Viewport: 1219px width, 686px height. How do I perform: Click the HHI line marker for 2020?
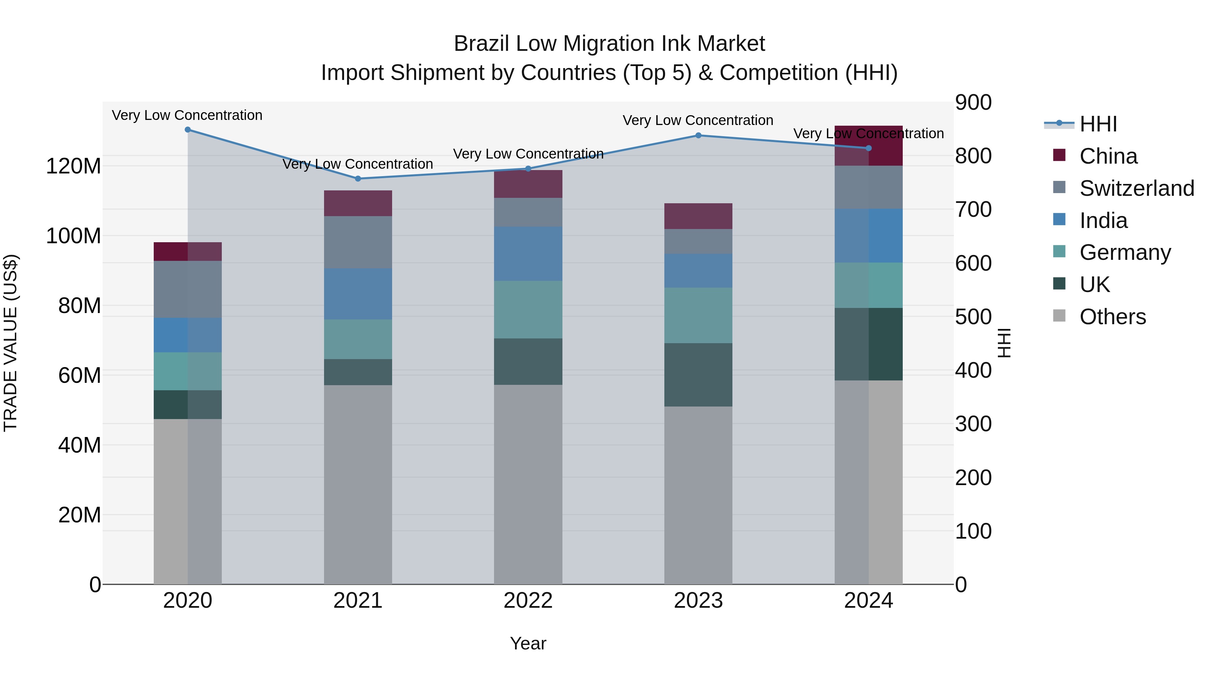tap(188, 130)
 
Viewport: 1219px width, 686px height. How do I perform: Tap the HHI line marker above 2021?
tap(358, 179)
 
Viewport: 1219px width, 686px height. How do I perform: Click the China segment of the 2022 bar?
tap(528, 184)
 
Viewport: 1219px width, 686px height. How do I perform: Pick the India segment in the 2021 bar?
tap(358, 294)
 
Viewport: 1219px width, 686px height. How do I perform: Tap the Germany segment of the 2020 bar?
tap(188, 371)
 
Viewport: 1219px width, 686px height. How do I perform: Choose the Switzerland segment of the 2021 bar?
tap(358, 243)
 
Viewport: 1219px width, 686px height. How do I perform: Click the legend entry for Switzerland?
tap(1136, 188)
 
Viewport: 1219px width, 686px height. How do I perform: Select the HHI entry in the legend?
tap(1098, 124)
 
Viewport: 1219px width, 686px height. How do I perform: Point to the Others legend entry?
tap(1112, 317)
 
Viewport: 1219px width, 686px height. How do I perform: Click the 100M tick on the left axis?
tap(73, 236)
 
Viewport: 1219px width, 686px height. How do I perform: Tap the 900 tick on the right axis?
tap(973, 103)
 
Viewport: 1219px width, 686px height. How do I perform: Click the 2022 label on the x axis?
tap(528, 601)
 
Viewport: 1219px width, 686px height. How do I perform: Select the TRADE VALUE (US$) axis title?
tap(11, 343)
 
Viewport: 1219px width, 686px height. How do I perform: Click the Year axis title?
tap(528, 643)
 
